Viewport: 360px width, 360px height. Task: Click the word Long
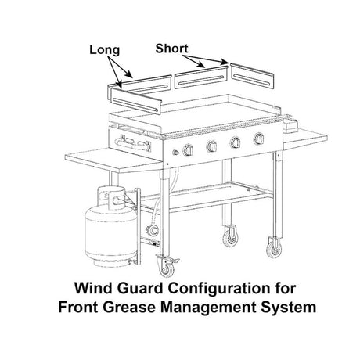click(x=105, y=50)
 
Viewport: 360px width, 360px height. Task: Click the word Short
click(x=171, y=49)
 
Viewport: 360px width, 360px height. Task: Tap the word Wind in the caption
click(x=93, y=288)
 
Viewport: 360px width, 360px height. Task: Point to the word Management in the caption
click(x=209, y=308)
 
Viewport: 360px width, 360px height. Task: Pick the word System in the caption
click(x=289, y=308)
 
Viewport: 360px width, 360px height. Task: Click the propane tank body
click(x=110, y=232)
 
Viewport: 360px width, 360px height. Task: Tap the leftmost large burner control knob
click(x=189, y=150)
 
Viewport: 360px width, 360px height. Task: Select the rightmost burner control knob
click(x=259, y=139)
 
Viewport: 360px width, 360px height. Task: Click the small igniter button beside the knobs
click(x=176, y=153)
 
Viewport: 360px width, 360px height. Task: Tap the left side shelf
click(x=113, y=160)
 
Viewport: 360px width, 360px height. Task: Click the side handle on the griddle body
click(x=133, y=144)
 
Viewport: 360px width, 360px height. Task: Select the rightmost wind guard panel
click(x=252, y=77)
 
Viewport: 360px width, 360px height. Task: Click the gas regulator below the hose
click(x=153, y=231)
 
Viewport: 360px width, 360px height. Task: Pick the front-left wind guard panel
click(x=135, y=100)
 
